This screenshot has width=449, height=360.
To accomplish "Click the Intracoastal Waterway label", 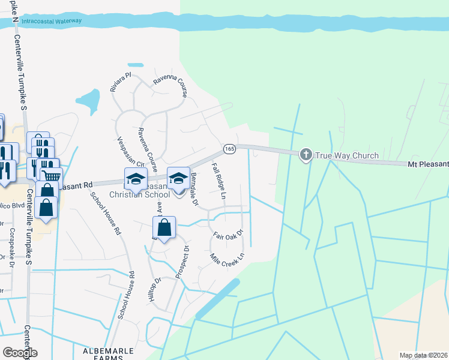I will pyautogui.click(x=50, y=22).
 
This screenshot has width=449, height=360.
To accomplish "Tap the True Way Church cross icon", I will pyautogui.click(x=306, y=155).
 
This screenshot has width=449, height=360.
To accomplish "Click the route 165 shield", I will pyautogui.click(x=229, y=148).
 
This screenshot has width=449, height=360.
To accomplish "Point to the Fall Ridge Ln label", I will pyautogui.click(x=218, y=181).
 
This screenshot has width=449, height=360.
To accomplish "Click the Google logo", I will pyautogui.click(x=20, y=353).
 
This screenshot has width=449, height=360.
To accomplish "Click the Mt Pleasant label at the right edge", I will pyautogui.click(x=429, y=164).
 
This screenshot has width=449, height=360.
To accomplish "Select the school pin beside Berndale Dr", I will pyautogui.click(x=178, y=178).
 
